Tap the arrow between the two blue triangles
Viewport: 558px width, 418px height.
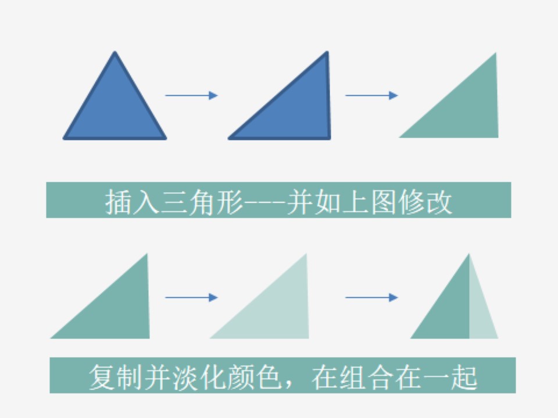(x=191, y=95)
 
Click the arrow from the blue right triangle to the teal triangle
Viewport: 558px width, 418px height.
(x=371, y=95)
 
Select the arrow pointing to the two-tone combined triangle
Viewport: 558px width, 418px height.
(x=371, y=297)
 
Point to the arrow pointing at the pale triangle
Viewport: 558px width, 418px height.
(x=191, y=297)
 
